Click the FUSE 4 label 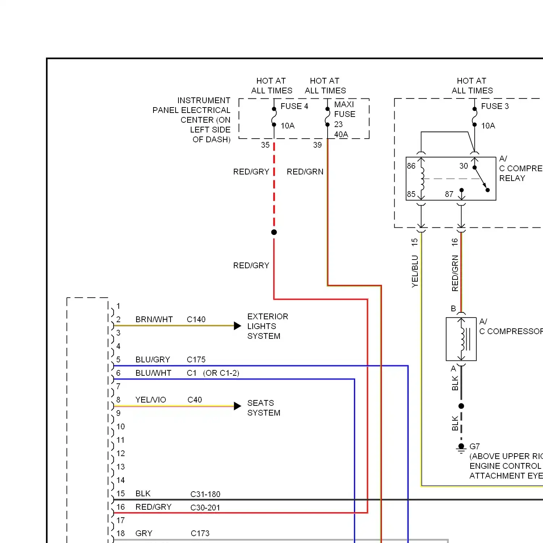(x=294, y=106)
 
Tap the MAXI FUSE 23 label (x=345, y=114)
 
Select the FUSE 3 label (x=495, y=106)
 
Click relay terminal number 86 (x=411, y=166)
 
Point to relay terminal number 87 (x=449, y=194)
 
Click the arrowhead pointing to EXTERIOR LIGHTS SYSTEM (x=237, y=326)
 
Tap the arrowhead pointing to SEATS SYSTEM (x=237, y=406)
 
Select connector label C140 (x=196, y=319)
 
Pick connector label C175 (x=196, y=359)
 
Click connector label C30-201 (x=205, y=508)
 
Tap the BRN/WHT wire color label (x=154, y=319)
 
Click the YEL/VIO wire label (x=151, y=400)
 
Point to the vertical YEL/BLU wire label (x=415, y=271)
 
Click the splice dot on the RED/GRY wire (x=274, y=232)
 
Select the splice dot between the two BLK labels (x=461, y=406)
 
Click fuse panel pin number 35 (x=265, y=145)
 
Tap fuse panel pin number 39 (x=317, y=145)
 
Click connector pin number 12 (x=121, y=453)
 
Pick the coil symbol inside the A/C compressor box (x=462, y=339)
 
